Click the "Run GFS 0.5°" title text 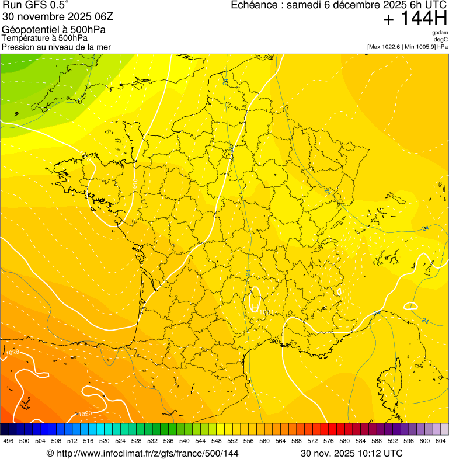coord(35,5)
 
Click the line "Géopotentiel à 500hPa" coord(54,30)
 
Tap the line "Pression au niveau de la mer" coord(56,47)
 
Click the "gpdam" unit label coord(440,33)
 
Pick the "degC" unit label coord(441,39)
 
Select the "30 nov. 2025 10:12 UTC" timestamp coord(351,453)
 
